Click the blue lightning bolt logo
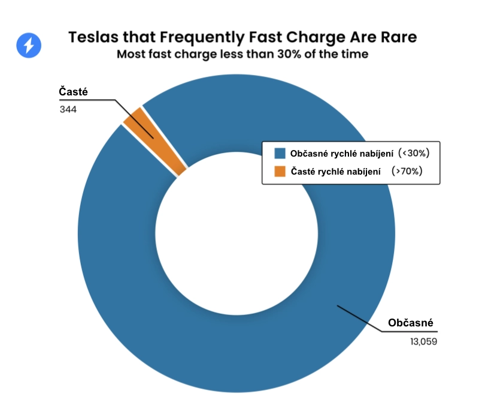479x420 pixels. (29, 45)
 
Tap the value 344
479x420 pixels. (68, 110)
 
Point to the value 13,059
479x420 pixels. (422, 342)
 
